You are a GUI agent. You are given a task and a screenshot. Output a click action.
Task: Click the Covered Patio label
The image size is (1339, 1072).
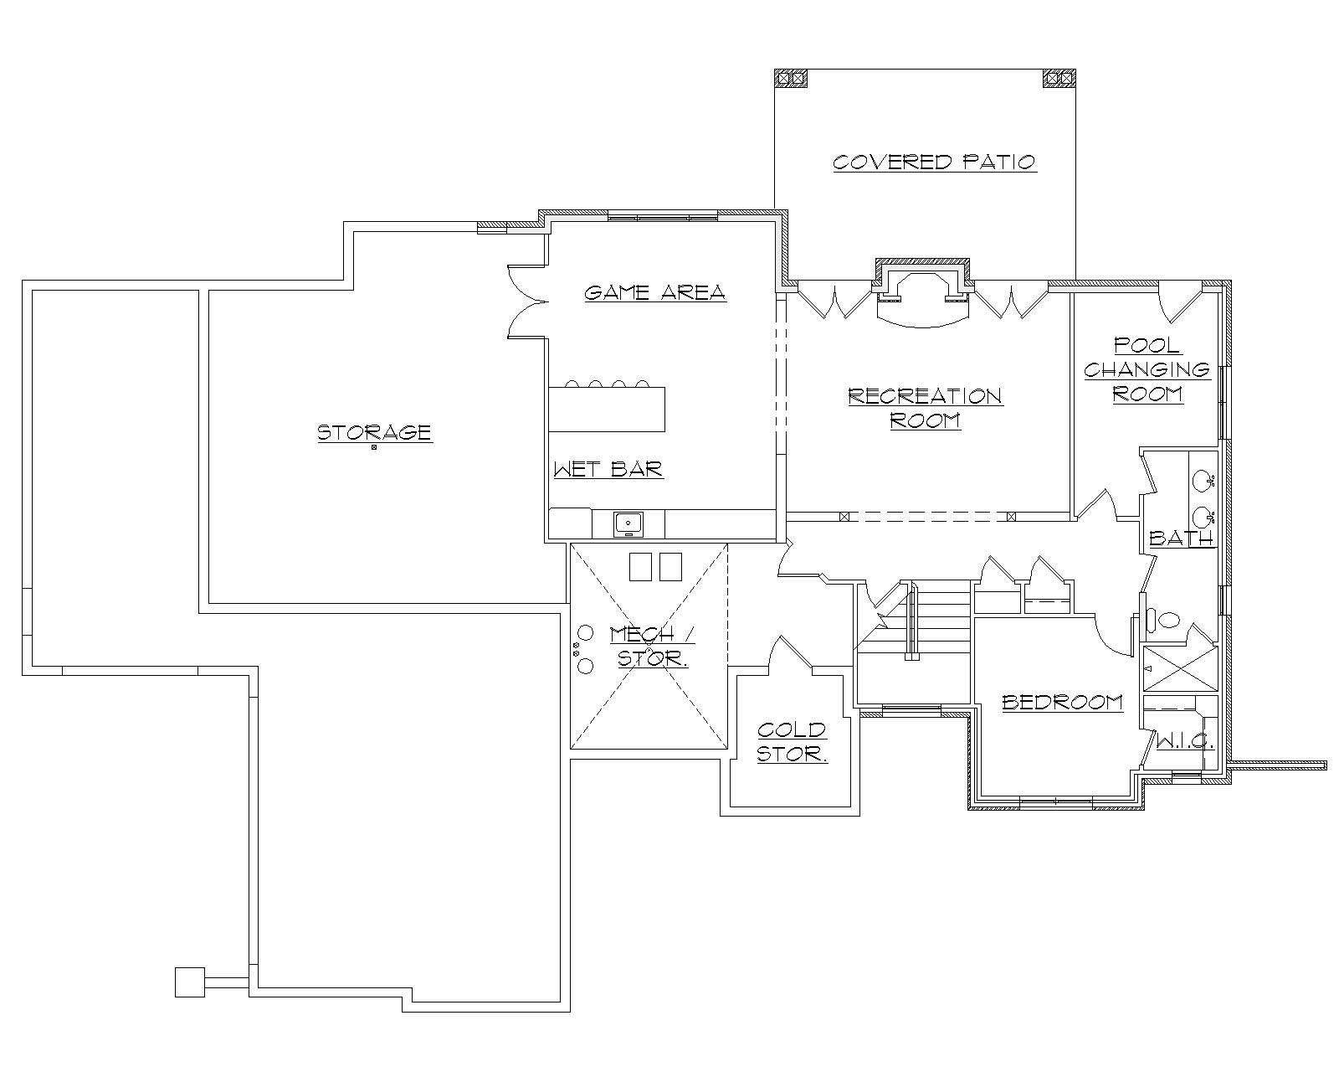pos(934,162)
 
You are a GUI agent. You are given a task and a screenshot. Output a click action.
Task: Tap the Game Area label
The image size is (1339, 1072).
pos(654,292)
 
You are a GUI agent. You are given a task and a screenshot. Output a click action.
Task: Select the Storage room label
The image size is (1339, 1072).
pos(374,432)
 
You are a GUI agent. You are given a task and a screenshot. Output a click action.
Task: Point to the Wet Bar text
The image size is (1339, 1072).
pos(608,469)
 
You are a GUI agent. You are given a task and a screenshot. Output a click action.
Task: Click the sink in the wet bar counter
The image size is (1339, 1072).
pos(628,524)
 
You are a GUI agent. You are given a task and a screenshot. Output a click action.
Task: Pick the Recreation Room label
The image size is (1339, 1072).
pos(925,407)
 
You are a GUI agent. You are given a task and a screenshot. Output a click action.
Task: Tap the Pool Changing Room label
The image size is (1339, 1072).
pos(1147,369)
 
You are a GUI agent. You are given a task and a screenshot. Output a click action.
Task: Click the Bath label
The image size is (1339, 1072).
pos(1180,538)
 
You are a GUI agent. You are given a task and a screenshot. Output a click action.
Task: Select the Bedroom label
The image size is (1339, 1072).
pos(1062,702)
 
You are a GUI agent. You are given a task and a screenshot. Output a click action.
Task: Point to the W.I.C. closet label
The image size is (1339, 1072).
pos(1184,742)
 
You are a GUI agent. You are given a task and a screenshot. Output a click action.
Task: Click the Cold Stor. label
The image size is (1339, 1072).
pos(792,742)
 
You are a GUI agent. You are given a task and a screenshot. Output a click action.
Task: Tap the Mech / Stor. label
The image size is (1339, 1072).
pos(653,646)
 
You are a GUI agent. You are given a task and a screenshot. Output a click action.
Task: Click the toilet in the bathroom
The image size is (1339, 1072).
pos(1164,621)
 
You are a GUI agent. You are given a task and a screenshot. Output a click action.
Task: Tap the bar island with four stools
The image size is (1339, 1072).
pos(607,409)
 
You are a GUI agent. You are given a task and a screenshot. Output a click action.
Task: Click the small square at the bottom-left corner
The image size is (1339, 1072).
pos(190,982)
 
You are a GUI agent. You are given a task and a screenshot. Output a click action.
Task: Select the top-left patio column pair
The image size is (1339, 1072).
pos(791,78)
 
